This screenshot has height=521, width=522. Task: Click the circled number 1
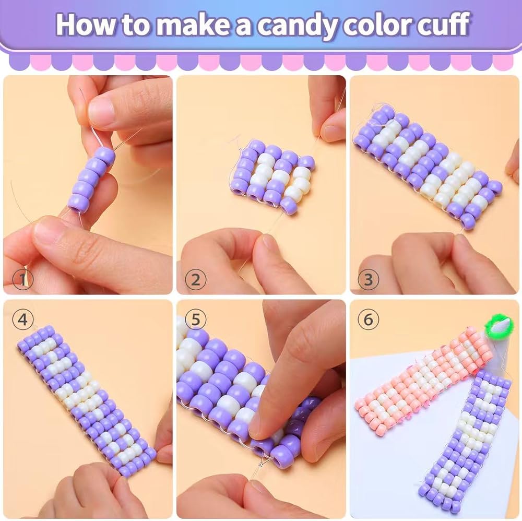pos(22,279)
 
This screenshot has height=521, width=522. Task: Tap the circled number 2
pos(196,279)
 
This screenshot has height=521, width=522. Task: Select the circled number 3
pos(368,279)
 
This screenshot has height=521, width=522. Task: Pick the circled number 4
pos(22,319)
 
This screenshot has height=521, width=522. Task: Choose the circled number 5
pos(196,319)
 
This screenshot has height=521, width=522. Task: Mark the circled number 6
pos(368,319)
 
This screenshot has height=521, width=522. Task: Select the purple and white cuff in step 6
pos(465,444)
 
